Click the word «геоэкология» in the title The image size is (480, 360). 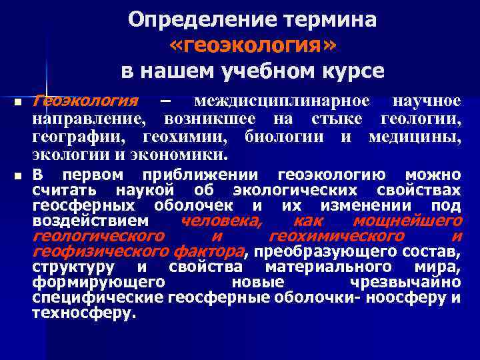tap(253, 45)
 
